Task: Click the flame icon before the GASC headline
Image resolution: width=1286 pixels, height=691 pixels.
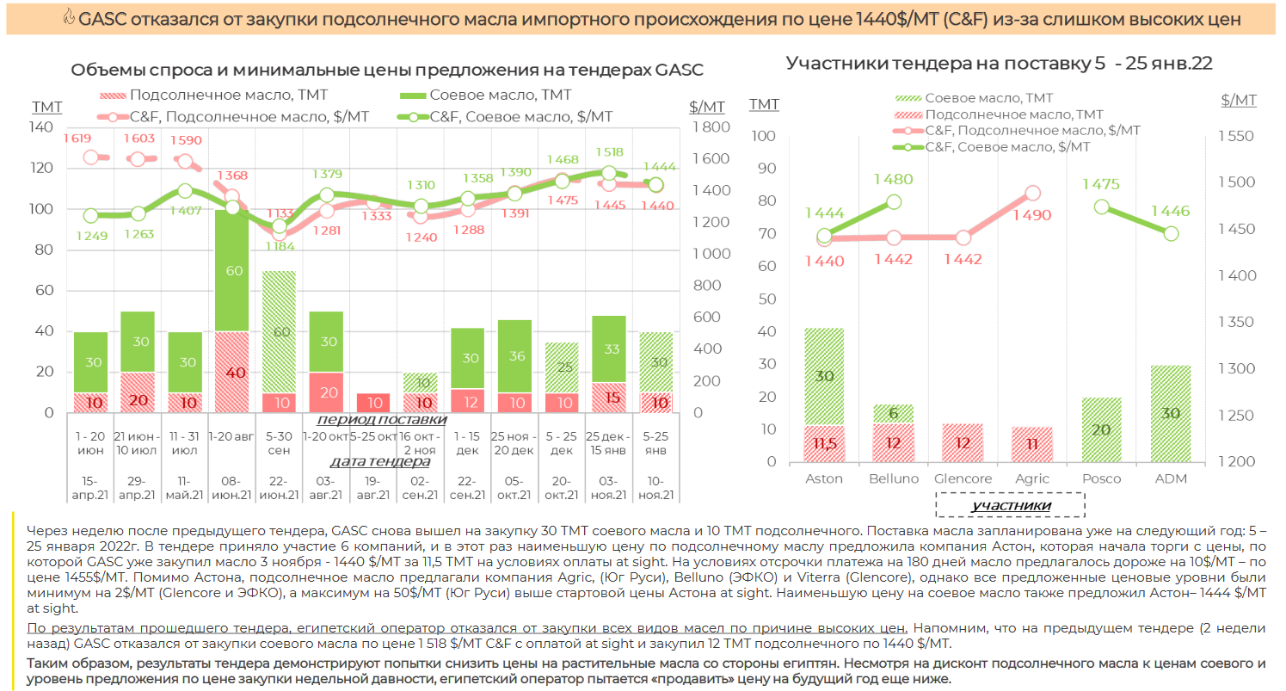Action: click(x=69, y=19)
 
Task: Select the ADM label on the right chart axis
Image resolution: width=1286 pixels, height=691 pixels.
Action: click(x=1171, y=478)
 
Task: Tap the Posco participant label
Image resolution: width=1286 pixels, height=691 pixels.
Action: click(x=1102, y=478)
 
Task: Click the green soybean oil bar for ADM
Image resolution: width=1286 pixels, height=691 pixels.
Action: click(x=1171, y=413)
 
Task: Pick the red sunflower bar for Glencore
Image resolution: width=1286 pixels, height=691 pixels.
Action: click(x=963, y=442)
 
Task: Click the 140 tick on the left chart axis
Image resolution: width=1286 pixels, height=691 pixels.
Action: click(x=40, y=127)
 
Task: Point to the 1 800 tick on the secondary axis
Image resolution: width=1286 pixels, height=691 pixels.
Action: click(x=709, y=127)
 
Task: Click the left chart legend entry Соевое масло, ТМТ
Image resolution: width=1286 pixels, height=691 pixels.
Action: click(x=499, y=95)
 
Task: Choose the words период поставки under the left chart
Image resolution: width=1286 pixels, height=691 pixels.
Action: click(x=381, y=419)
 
